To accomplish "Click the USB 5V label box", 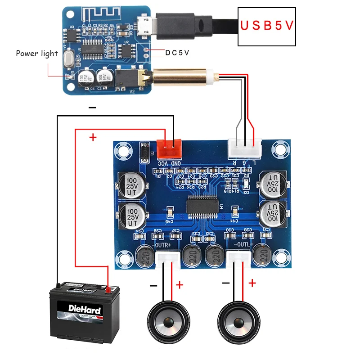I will point(266,26).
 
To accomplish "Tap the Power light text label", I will point(37,54).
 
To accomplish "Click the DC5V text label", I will point(177,53).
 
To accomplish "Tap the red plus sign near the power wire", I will point(93,137).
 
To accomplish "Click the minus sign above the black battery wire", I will point(92,108).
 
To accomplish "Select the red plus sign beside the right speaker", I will point(252,283).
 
